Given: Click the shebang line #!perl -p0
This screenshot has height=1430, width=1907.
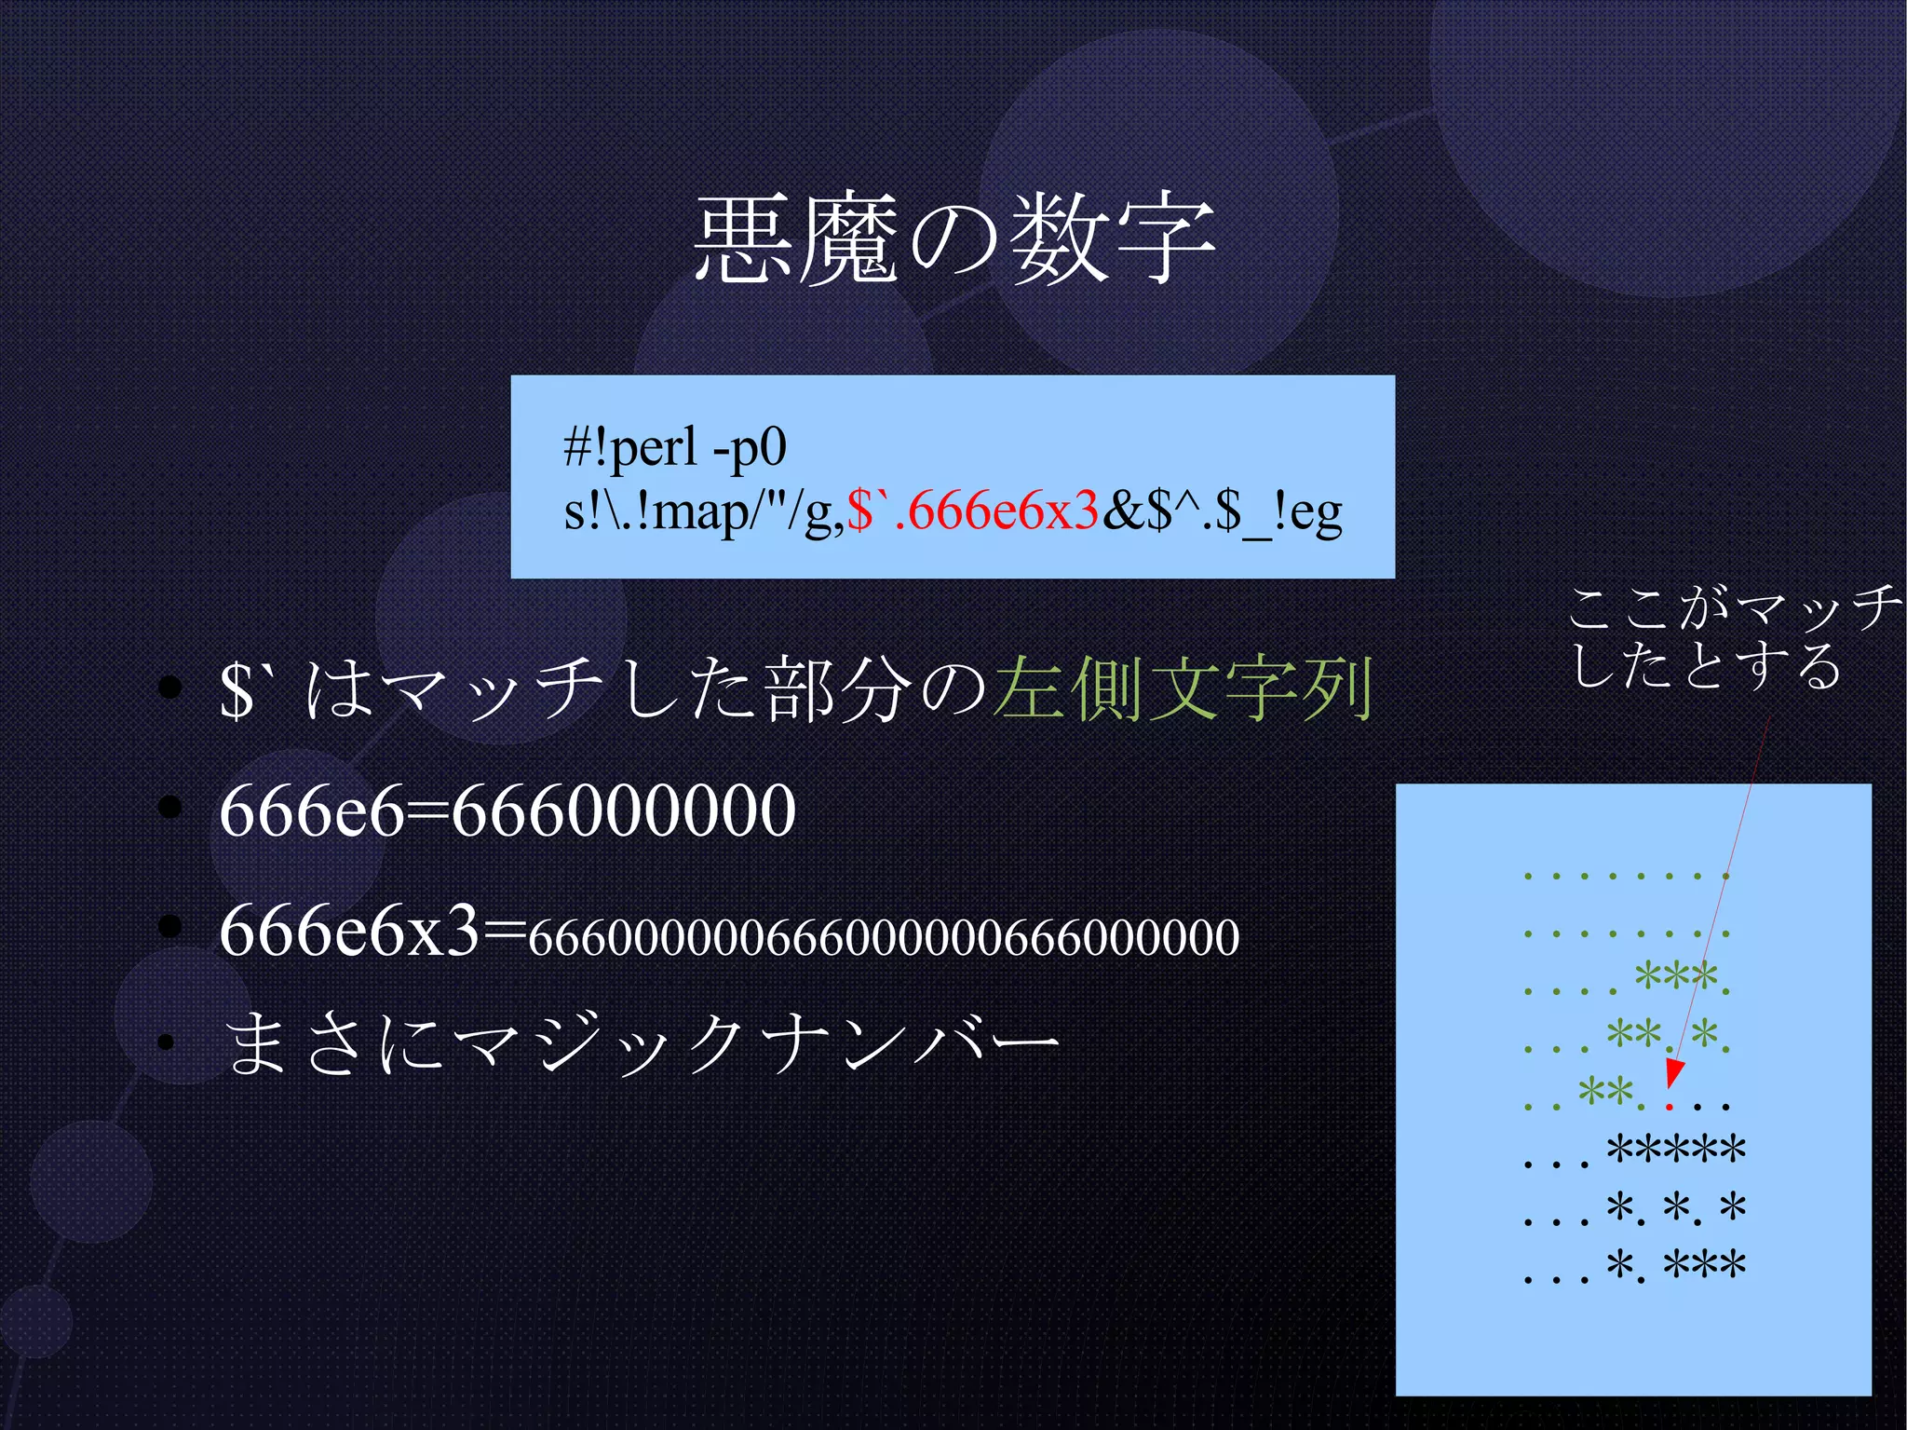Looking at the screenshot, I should coord(675,448).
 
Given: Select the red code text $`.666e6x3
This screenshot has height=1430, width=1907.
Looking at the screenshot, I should coord(973,511).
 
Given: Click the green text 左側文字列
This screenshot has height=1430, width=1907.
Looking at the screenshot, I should coord(1183,689).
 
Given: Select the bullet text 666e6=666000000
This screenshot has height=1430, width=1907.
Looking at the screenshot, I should coord(507,810).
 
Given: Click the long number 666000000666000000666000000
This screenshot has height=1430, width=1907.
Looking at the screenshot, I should coord(884,937).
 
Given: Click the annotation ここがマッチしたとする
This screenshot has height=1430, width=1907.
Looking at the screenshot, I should coord(1732,638).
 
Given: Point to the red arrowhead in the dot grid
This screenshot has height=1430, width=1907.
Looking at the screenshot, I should coord(1673,1073).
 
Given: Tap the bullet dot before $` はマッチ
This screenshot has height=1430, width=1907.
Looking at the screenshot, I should coord(169,688).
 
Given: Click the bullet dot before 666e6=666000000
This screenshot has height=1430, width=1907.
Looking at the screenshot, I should coord(169,807).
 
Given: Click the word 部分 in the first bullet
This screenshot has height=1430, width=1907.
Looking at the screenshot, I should coord(838,690).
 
